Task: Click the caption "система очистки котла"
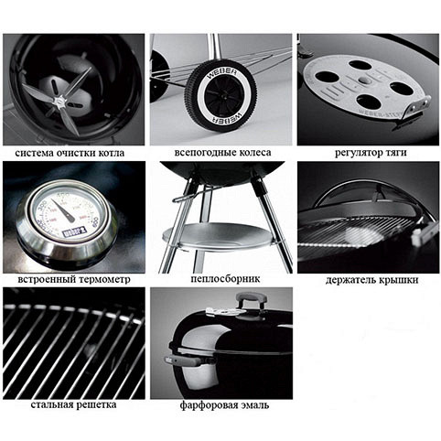point(70,153)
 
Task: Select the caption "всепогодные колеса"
point(222,152)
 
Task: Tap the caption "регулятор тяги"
point(371,152)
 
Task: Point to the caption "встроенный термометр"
point(74,279)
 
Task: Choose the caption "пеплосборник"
point(225,278)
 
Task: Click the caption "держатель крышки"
point(371,280)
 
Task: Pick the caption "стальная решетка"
point(73,404)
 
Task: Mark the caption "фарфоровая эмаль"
point(224,405)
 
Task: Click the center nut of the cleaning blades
point(59,101)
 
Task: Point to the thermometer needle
point(63,211)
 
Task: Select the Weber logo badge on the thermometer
point(74,231)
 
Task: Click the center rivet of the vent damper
point(364,80)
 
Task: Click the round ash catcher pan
point(218,237)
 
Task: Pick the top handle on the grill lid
point(251,300)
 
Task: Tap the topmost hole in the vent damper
point(360,65)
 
